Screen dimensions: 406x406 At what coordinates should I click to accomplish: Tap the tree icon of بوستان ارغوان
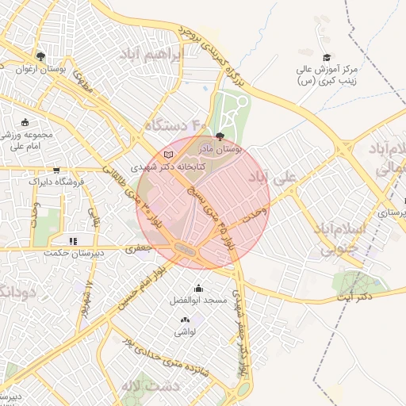[x=40, y=56]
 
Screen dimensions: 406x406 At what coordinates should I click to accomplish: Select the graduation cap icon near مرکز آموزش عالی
[x=326, y=57]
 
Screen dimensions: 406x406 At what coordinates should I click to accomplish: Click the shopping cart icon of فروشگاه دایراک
[x=56, y=170]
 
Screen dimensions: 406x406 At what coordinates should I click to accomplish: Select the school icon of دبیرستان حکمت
[x=73, y=241]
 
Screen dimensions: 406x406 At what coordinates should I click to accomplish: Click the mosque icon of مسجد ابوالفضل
[x=197, y=289]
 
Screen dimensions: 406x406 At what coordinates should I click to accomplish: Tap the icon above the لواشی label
[x=186, y=319]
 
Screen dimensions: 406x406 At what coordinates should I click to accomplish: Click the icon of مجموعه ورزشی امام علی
[x=25, y=122]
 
